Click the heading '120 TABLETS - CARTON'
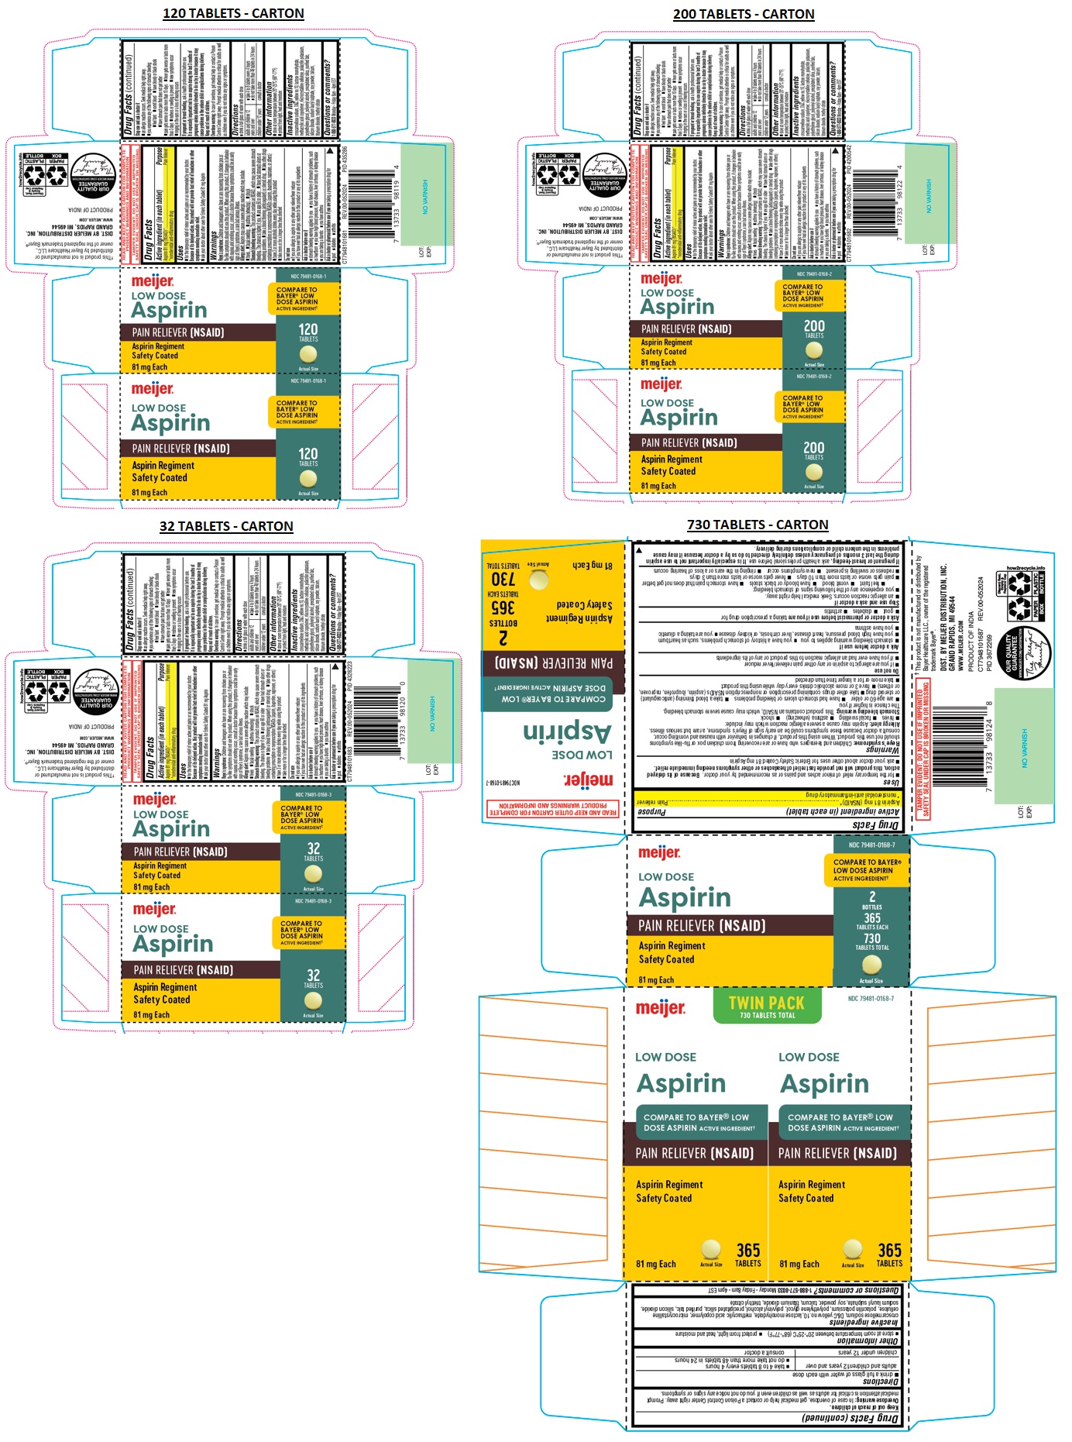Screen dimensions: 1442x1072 click(233, 13)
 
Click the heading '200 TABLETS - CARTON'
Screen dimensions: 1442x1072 click(743, 14)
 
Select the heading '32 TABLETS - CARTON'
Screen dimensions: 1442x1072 click(226, 526)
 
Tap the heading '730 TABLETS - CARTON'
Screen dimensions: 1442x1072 click(757, 525)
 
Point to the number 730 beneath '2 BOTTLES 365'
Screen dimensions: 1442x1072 click(871, 938)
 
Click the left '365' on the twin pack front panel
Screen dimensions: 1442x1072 click(747, 1250)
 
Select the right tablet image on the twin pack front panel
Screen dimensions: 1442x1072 click(852, 1248)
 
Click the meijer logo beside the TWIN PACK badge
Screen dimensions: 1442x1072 click(660, 1008)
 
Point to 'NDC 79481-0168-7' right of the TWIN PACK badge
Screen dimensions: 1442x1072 click(871, 999)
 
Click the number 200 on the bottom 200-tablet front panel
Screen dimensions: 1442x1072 click(813, 447)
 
